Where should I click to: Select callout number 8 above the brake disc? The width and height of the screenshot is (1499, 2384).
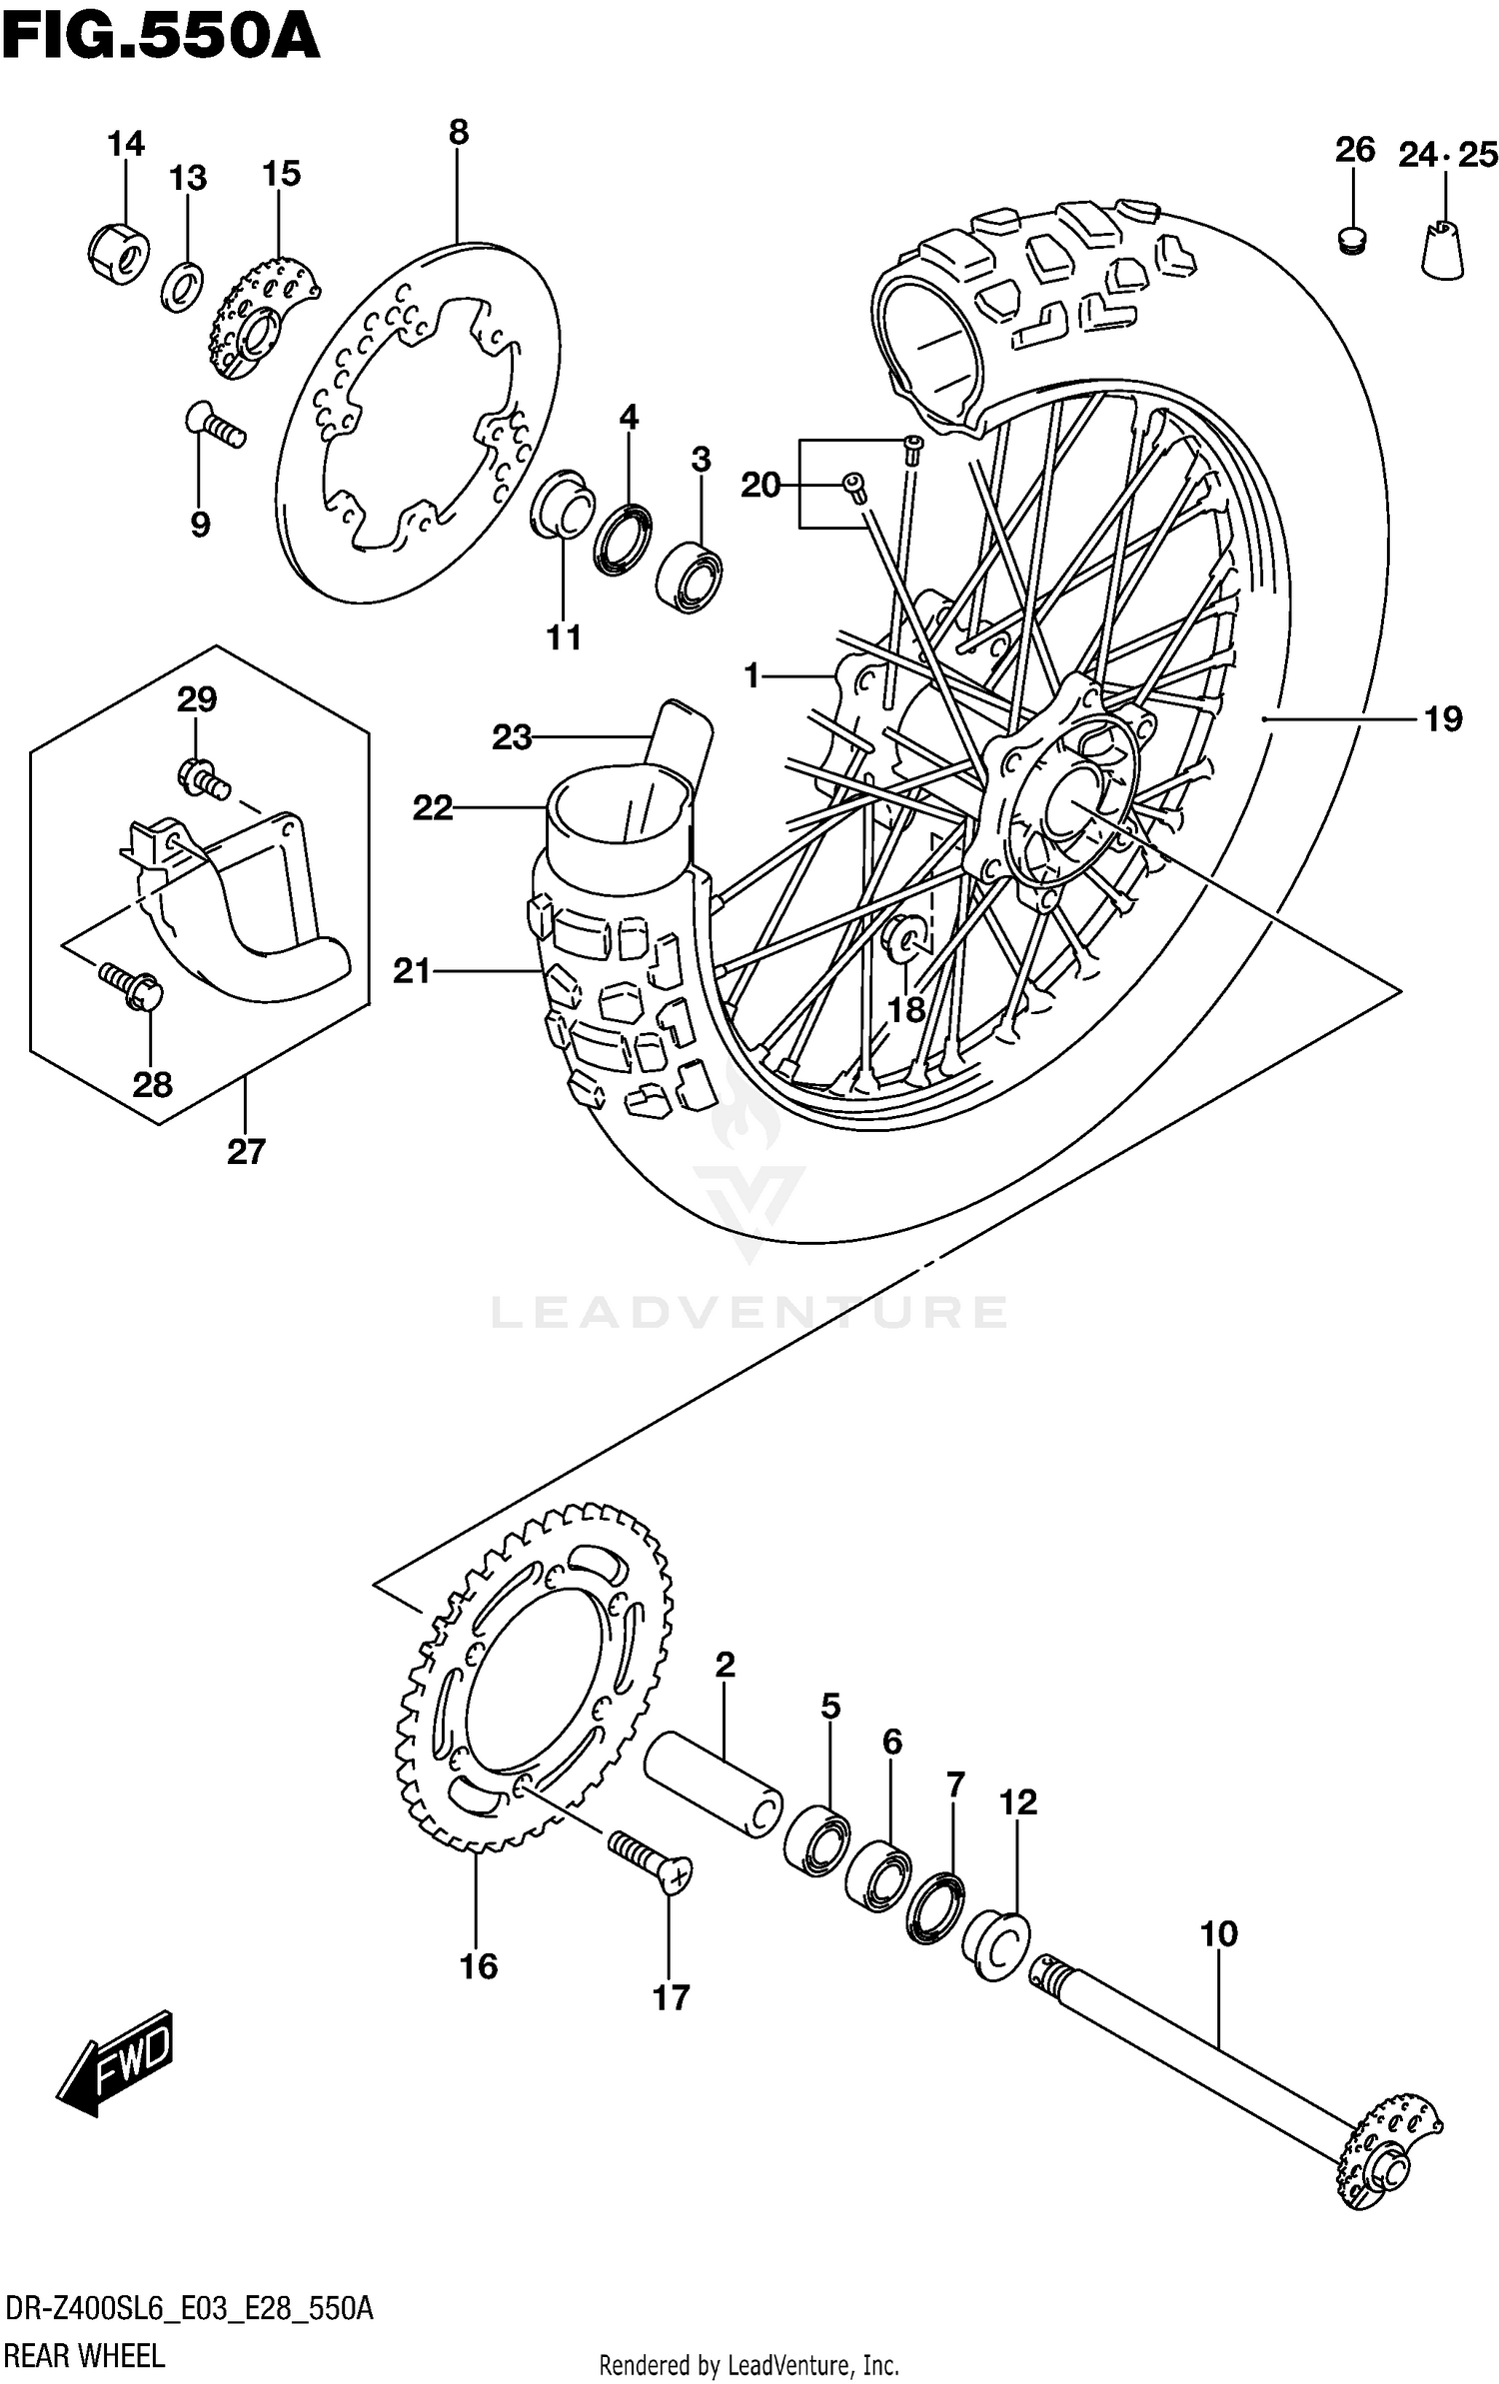458,132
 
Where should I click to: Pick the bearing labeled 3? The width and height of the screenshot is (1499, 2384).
690,577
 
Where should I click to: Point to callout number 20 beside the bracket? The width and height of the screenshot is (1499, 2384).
760,486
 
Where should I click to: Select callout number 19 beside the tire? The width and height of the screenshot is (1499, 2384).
1442,718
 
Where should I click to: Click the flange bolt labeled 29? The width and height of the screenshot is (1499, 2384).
202,775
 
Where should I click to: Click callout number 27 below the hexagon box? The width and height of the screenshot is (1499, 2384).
246,1152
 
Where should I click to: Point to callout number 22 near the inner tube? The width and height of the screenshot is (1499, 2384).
433,807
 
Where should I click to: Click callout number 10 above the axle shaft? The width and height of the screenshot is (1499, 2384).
1219,1933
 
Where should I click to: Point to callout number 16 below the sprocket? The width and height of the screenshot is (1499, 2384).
478,1966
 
